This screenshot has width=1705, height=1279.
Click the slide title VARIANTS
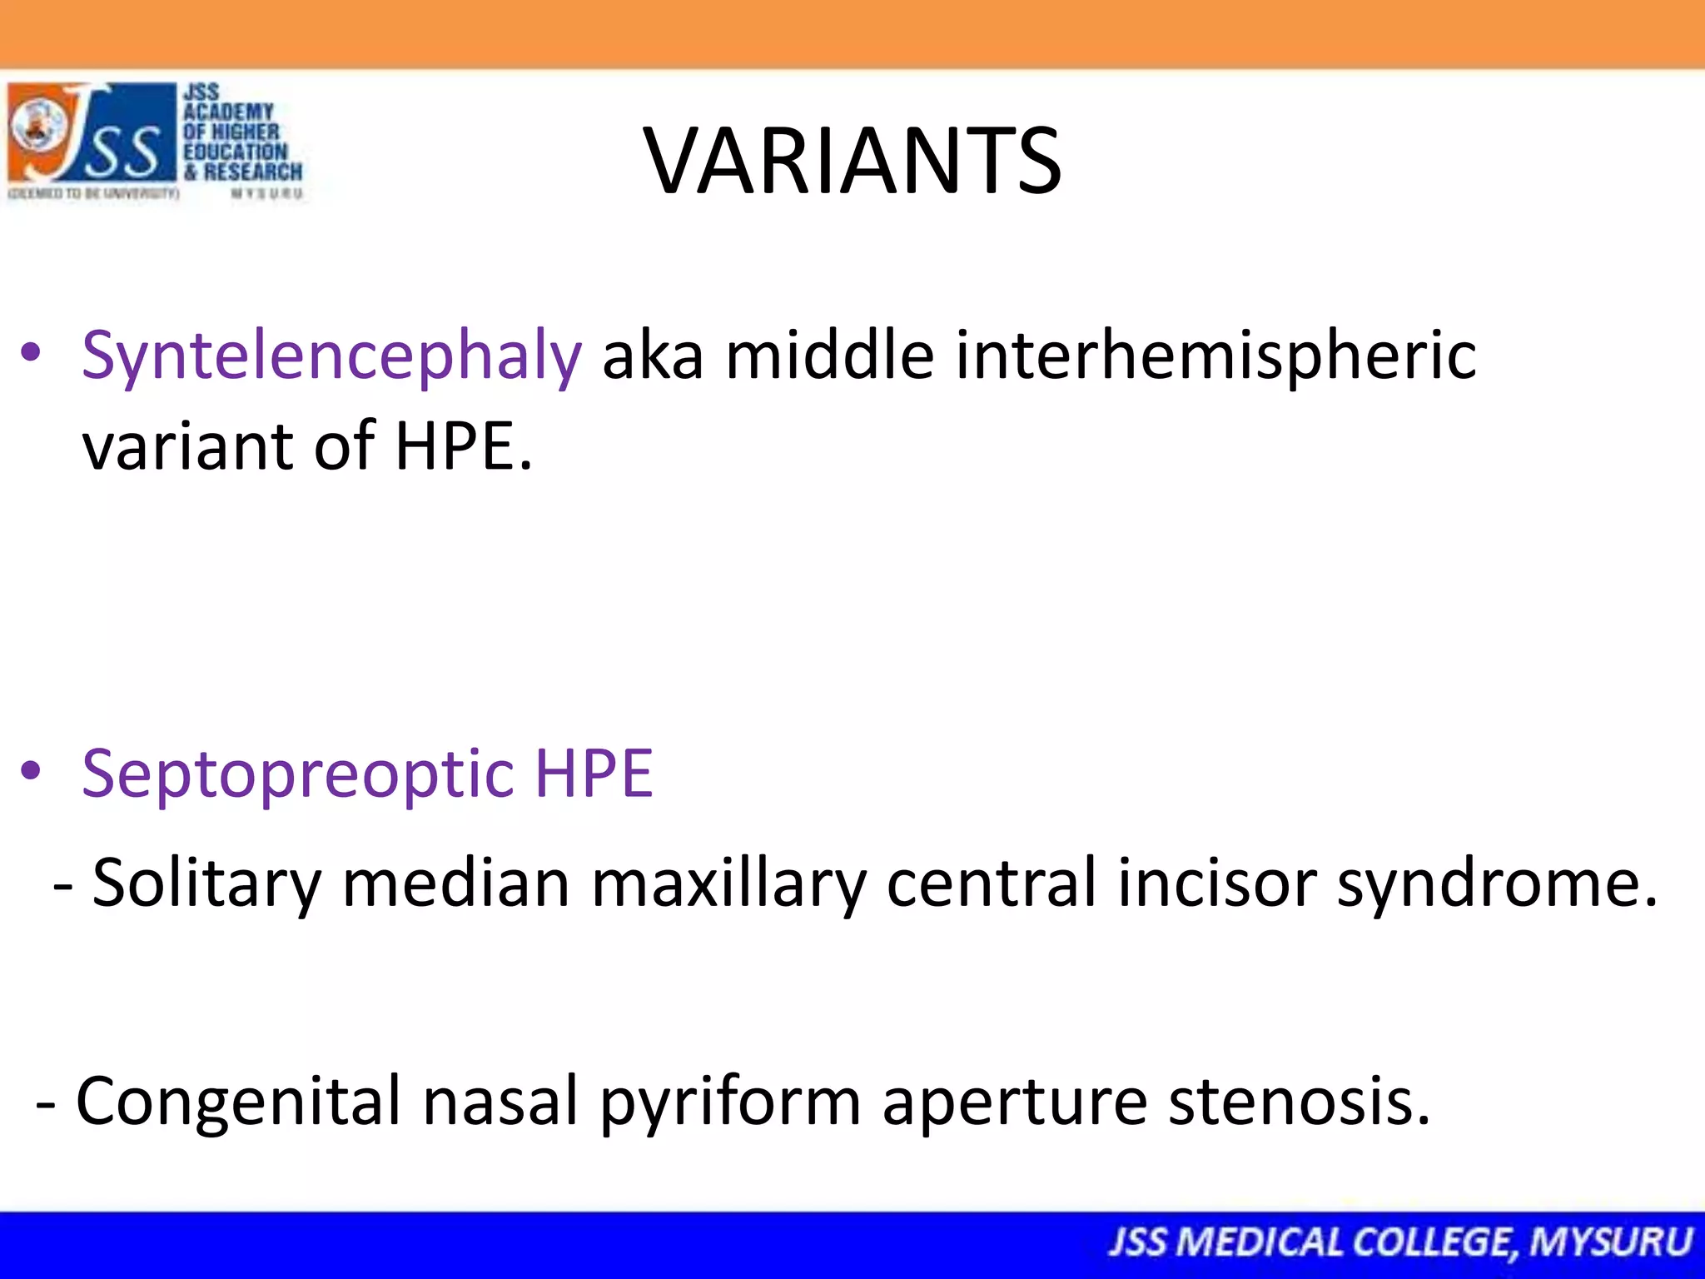pyautogui.click(x=852, y=161)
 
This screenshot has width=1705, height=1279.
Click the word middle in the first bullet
pyautogui.click(x=829, y=355)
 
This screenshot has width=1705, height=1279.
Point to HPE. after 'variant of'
pyautogui.click(x=463, y=446)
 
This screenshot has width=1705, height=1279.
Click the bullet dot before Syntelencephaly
pyautogui.click(x=32, y=353)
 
